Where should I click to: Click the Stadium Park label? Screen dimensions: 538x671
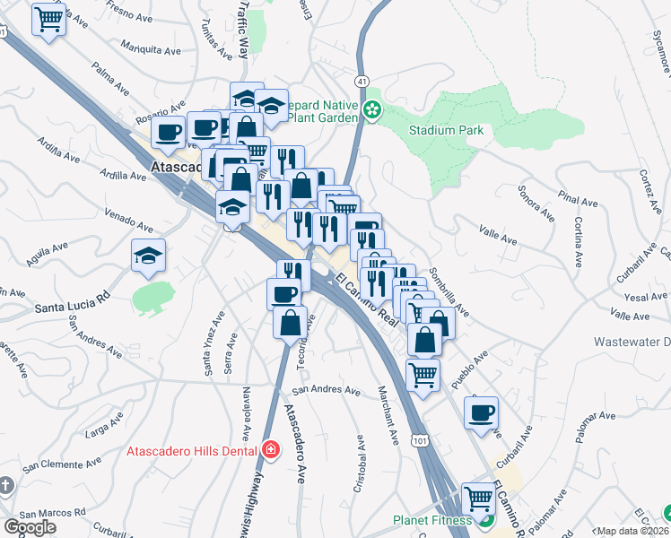click(446, 130)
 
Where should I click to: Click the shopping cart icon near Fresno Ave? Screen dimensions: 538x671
click(49, 19)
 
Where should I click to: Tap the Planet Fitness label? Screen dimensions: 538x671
click(432, 520)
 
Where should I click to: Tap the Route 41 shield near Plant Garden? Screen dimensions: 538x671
click(361, 81)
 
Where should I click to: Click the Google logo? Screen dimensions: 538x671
click(30, 527)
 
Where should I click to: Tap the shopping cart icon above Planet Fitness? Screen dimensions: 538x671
click(478, 498)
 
